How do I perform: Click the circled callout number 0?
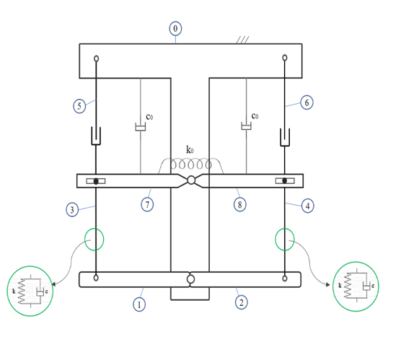(175, 28)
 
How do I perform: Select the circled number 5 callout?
(79, 106)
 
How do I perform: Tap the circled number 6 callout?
(307, 102)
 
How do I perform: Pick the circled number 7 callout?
(147, 205)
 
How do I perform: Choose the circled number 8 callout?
(240, 204)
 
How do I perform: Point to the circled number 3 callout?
(72, 210)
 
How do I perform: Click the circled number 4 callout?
(308, 206)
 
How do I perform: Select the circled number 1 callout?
(139, 304)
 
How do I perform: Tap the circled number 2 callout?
(242, 302)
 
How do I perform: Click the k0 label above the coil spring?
(190, 149)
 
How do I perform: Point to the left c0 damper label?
(149, 117)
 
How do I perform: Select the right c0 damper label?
(255, 116)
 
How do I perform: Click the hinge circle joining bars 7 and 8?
(191, 180)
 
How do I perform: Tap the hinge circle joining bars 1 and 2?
(190, 279)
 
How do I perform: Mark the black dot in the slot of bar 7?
(96, 181)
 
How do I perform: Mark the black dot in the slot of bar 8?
(285, 180)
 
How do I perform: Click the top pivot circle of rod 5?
(96, 58)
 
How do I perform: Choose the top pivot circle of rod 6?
(285, 58)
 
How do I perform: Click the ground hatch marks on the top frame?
(243, 40)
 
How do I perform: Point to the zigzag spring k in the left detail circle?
(22, 291)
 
